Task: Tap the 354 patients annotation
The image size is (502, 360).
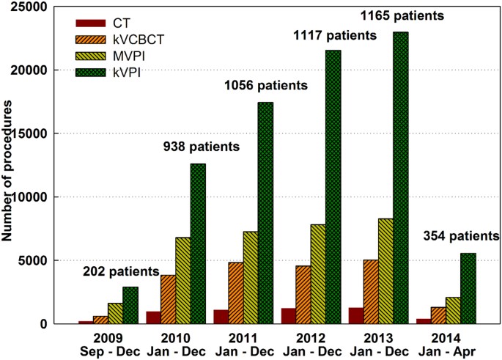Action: [461, 236]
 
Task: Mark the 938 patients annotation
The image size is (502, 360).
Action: [200, 146]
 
